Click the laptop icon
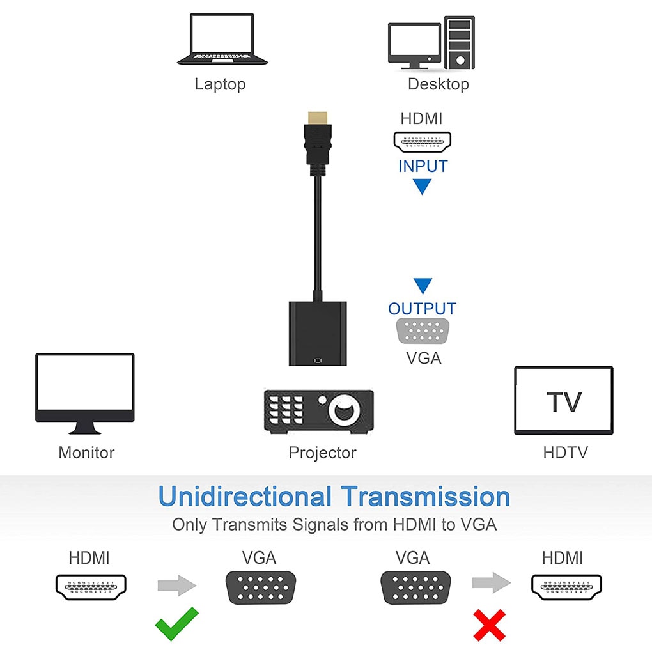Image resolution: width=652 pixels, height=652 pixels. (x=222, y=39)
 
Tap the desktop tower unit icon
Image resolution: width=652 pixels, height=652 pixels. (x=458, y=42)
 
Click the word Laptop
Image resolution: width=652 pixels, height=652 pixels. (x=220, y=84)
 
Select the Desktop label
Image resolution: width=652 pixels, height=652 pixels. (x=438, y=84)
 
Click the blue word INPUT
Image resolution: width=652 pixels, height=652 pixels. (x=423, y=166)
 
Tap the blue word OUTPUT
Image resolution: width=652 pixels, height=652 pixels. (x=422, y=309)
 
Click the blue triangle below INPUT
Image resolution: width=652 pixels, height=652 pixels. (x=423, y=187)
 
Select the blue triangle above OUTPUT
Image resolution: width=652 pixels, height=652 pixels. (x=423, y=285)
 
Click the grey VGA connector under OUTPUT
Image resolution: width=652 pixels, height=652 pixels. (x=423, y=331)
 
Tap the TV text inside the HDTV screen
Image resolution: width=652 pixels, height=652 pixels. (x=564, y=402)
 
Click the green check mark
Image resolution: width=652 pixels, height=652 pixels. (x=176, y=624)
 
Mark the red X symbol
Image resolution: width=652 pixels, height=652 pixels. (x=489, y=625)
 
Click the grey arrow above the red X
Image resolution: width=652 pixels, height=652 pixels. (x=491, y=583)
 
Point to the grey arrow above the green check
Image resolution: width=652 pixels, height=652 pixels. (x=176, y=584)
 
